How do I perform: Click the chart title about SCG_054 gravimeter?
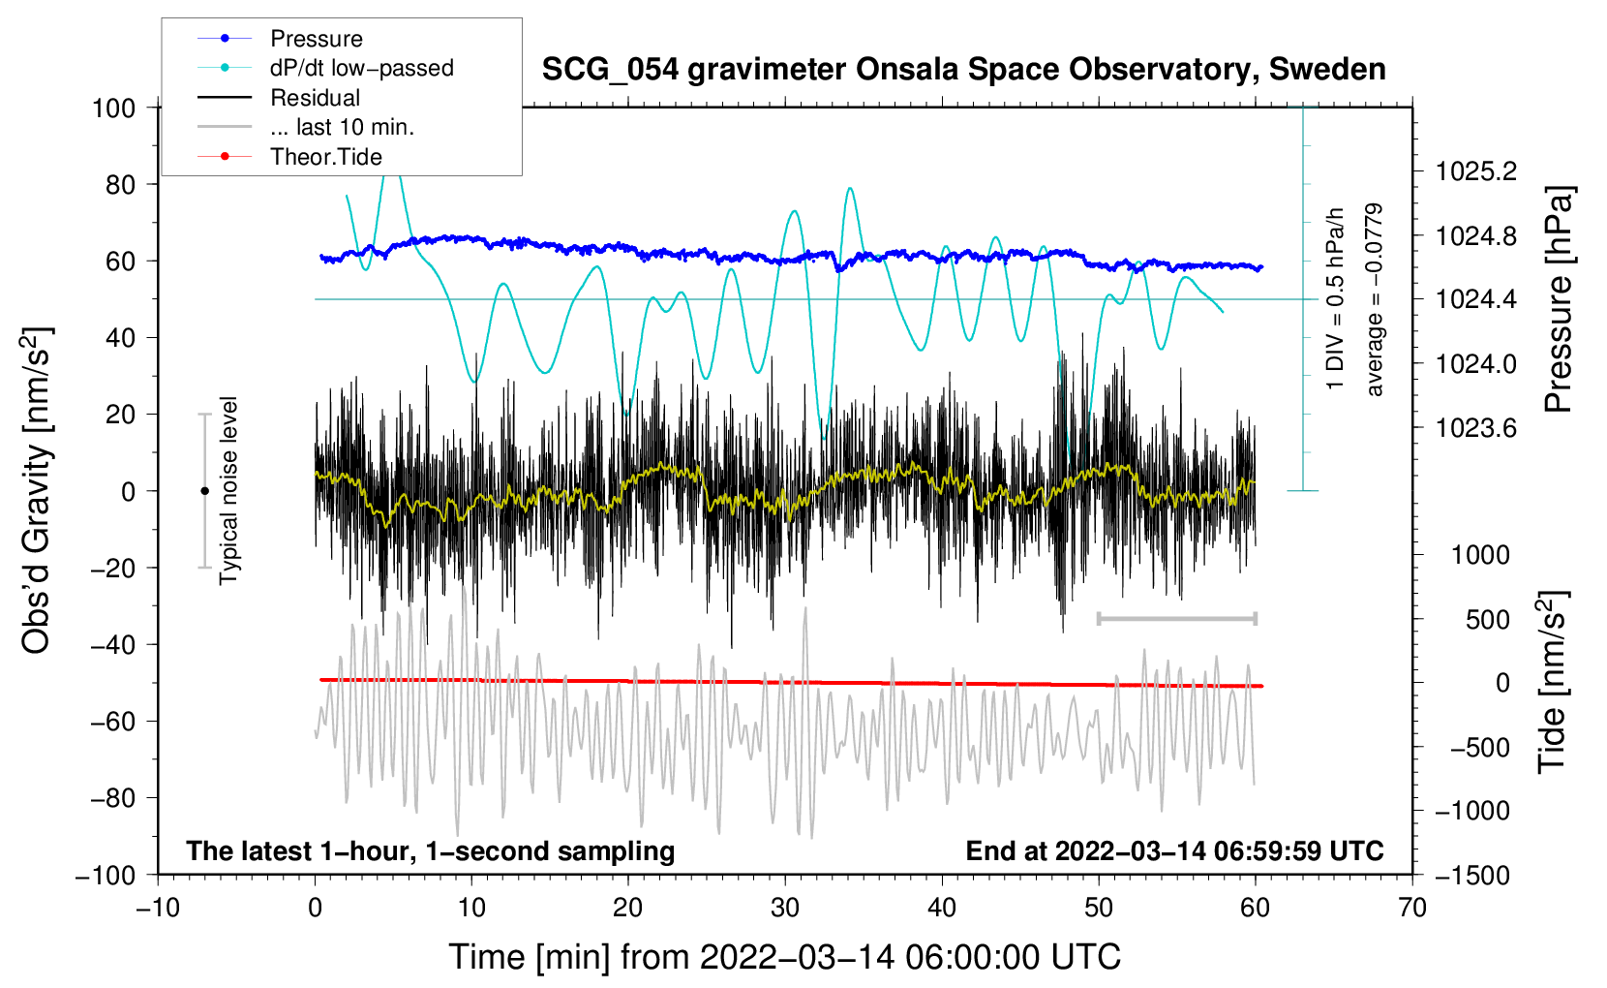[x=963, y=70]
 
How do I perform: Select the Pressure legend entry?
[x=317, y=39]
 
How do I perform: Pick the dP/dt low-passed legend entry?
[x=361, y=68]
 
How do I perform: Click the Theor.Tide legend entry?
[x=326, y=157]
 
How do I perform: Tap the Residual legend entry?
[x=315, y=98]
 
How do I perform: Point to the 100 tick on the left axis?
[x=113, y=108]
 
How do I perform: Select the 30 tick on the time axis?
[x=785, y=908]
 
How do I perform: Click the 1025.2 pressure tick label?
[x=1476, y=171]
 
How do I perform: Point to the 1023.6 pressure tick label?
[x=1476, y=428]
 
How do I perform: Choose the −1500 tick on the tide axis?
[x=1470, y=875]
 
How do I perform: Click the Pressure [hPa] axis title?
[x=1558, y=299]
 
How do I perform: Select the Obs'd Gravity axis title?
[x=37, y=490]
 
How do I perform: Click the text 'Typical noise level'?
[x=228, y=490]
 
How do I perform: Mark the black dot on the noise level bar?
[x=204, y=491]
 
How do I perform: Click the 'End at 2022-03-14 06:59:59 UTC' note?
[x=1174, y=850]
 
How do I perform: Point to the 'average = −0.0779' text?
[x=1375, y=299]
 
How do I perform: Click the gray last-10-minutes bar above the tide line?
[x=1176, y=618]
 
